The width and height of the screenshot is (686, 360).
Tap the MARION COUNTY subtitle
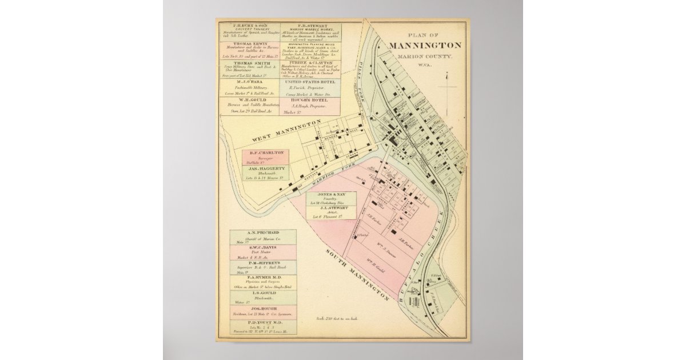coord(424,55)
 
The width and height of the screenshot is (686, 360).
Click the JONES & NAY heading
coord(323,195)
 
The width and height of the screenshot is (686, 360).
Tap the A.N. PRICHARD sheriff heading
coord(263,233)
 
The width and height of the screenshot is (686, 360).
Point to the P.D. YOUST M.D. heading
coord(263,323)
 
